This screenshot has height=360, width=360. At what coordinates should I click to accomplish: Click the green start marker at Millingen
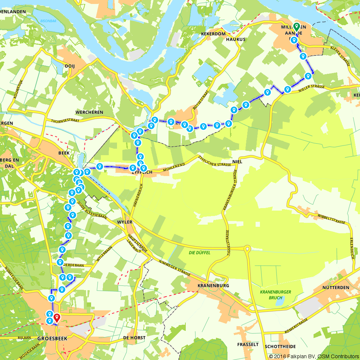(x=296, y=26)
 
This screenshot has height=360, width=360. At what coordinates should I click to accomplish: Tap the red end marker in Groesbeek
(x=57, y=318)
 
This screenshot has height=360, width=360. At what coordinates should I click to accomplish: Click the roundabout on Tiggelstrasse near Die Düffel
(x=247, y=248)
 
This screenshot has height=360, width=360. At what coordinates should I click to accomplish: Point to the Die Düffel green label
(x=200, y=253)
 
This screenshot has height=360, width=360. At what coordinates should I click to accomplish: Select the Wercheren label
(x=90, y=112)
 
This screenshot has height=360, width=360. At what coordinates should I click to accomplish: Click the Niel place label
(x=237, y=162)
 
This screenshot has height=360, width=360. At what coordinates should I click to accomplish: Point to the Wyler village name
(x=125, y=222)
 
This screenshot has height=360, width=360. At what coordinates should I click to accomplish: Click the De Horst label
(x=134, y=338)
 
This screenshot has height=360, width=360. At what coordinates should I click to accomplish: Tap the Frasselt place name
(x=248, y=345)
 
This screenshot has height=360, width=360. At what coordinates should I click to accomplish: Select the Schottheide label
(x=280, y=346)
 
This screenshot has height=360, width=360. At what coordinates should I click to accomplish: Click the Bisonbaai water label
(x=48, y=21)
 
